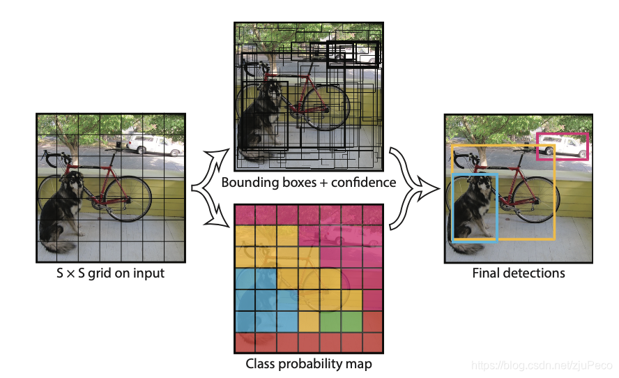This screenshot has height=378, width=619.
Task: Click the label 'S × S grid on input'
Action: coord(110,273)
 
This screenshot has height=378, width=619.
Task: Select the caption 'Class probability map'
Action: coord(309,364)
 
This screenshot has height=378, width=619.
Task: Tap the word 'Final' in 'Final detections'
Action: coord(487,273)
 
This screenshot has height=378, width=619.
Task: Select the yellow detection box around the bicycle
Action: coord(553,195)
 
